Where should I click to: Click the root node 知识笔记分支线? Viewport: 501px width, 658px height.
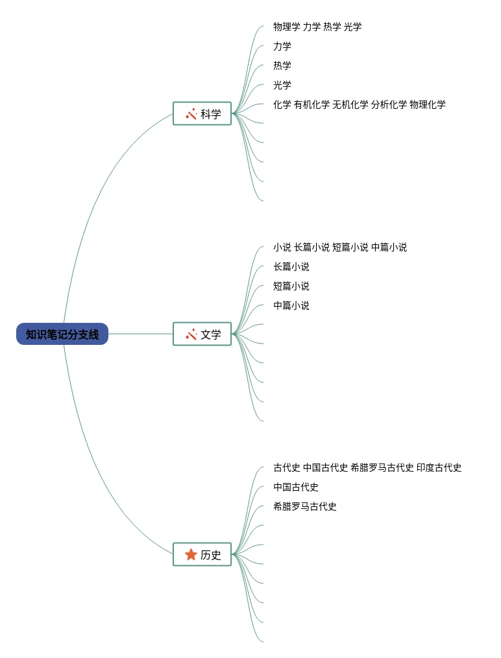pyautogui.click(x=62, y=335)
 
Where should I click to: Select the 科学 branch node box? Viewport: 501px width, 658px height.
pyautogui.click(x=202, y=114)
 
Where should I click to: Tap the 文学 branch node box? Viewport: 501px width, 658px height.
pyautogui.click(x=202, y=335)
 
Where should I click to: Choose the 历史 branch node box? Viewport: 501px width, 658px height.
pyautogui.click(x=202, y=555)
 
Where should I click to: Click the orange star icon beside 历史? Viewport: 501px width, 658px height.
pyautogui.click(x=191, y=555)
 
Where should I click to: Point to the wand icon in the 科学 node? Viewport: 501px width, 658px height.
pyautogui.click(x=191, y=114)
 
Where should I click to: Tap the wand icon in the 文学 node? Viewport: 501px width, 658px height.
pyautogui.click(x=191, y=335)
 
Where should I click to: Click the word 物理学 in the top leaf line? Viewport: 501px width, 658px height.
pyautogui.click(x=286, y=27)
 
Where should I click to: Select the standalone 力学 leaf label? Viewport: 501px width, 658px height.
pyautogui.click(x=282, y=47)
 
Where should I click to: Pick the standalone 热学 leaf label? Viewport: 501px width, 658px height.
pyautogui.click(x=282, y=66)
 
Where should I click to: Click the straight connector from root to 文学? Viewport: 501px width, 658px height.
pyautogui.click(x=140, y=335)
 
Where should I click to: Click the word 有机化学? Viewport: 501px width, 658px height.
pyautogui.click(x=312, y=105)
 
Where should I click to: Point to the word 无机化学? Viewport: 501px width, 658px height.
pyautogui.click(x=350, y=105)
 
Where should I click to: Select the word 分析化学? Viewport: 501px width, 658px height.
pyautogui.click(x=389, y=105)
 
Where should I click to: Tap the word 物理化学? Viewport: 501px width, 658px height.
pyautogui.click(x=428, y=105)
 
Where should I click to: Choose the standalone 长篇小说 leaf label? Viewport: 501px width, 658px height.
pyautogui.click(x=291, y=267)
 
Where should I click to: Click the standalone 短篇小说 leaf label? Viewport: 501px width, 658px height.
pyautogui.click(x=291, y=287)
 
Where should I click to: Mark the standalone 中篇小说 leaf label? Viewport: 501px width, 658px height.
pyautogui.click(x=291, y=306)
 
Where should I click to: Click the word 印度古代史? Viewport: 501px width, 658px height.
pyautogui.click(x=439, y=468)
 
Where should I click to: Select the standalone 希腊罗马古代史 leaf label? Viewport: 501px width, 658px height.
pyautogui.click(x=305, y=507)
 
